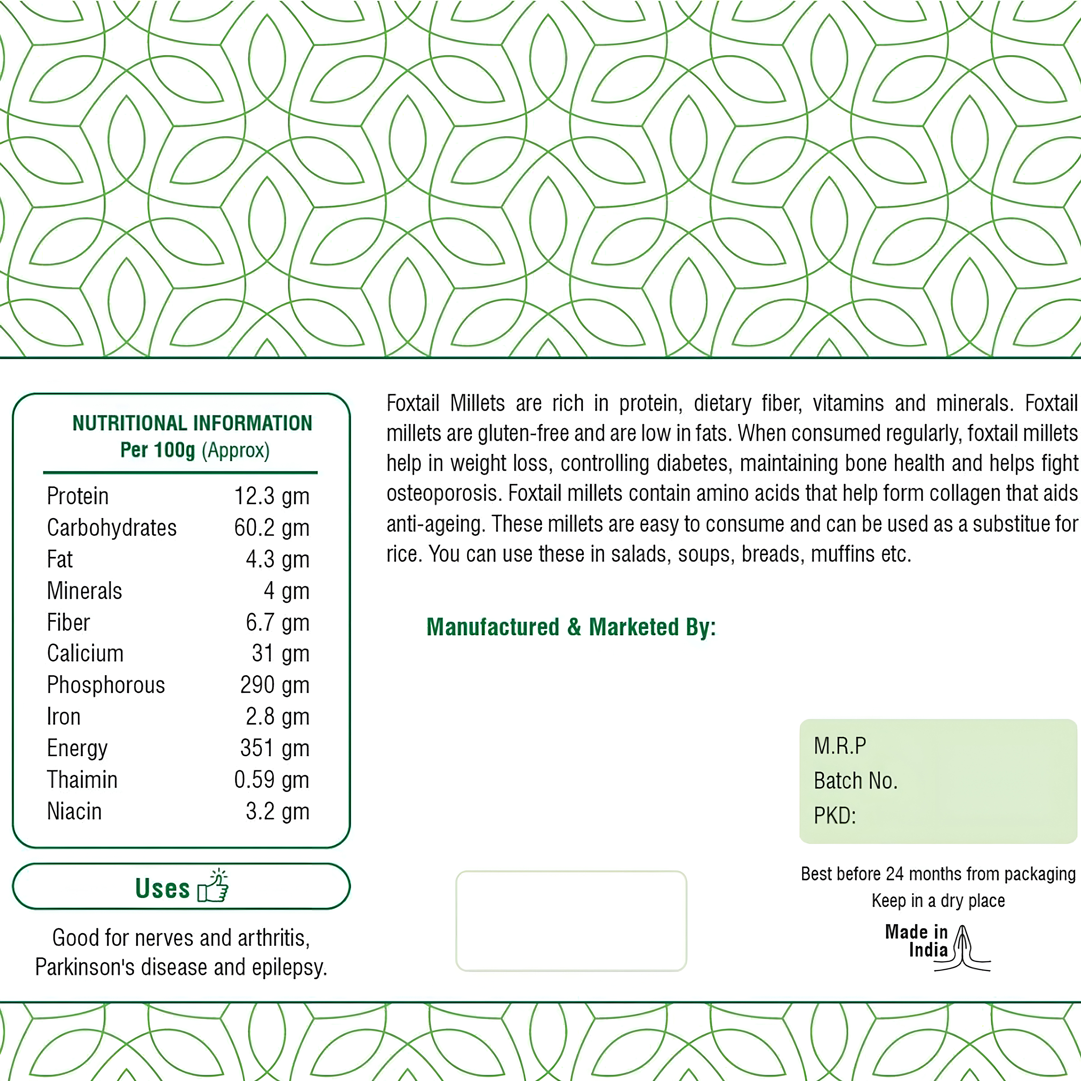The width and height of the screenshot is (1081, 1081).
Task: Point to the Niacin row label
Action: pyautogui.click(x=74, y=811)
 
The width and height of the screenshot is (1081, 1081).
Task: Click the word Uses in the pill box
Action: pyautogui.click(x=162, y=888)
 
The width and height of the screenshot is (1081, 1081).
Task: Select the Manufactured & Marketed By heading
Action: pyautogui.click(x=571, y=627)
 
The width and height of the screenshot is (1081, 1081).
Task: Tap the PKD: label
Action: pyautogui.click(x=834, y=816)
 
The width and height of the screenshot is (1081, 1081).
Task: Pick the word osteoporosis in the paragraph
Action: pyautogui.click(x=444, y=494)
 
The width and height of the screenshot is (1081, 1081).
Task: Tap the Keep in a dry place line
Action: pyautogui.click(x=938, y=901)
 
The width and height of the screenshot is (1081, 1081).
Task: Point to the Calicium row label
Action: pyautogui.click(x=85, y=654)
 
